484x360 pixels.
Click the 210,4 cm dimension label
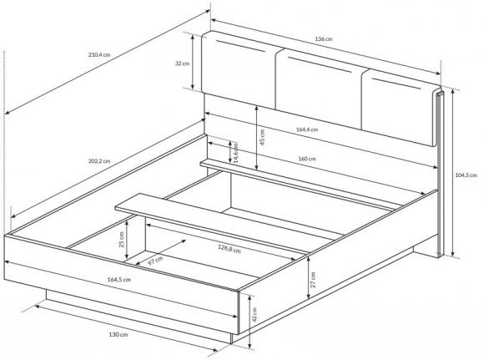tap(99, 54)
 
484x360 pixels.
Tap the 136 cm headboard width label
tap(324, 39)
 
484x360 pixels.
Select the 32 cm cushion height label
tap(182, 63)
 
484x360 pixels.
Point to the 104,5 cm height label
tap(466, 175)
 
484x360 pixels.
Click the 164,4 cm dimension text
tap(307, 129)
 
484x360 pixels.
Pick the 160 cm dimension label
tap(307, 159)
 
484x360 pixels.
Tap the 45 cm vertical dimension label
tap(262, 137)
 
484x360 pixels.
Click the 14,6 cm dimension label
tap(235, 153)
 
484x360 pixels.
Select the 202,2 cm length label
tap(99, 161)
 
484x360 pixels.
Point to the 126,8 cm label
tap(229, 248)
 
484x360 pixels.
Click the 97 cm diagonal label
tap(155, 261)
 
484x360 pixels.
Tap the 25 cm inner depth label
tap(121, 240)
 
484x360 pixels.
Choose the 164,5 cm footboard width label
tap(118, 279)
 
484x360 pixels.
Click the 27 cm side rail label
tap(313, 280)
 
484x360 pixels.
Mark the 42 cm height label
tap(255, 315)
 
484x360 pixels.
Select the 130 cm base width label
tap(118, 334)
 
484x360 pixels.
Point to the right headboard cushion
tap(401, 107)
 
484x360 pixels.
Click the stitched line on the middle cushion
tap(320, 65)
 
